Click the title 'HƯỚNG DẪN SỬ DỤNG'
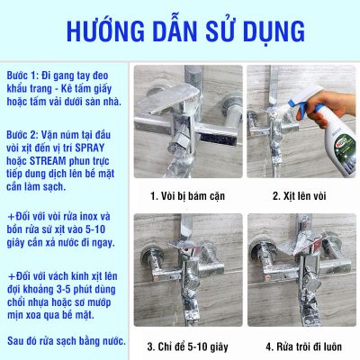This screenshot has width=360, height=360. pyautogui.click(x=185, y=31)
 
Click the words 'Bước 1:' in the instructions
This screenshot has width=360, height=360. pyautogui.click(x=22, y=76)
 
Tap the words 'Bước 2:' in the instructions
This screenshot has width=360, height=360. pyautogui.click(x=22, y=135)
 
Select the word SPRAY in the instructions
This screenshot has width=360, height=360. pyautogui.click(x=90, y=148)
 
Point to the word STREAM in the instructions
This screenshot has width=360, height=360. pyautogui.click(x=48, y=161)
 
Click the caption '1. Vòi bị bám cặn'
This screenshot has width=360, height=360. pyautogui.click(x=187, y=196)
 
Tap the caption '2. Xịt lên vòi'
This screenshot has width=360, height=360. pyautogui.click(x=299, y=196)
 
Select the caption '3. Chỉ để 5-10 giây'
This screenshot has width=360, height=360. pyautogui.click(x=187, y=346)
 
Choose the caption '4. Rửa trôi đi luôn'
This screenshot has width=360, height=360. pyautogui.click(x=303, y=346)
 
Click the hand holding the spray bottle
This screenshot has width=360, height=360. pyautogui.click(x=326, y=106)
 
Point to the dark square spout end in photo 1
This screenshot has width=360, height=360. pyautogui.click(x=217, y=138)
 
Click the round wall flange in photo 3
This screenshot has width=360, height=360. pyautogui.click(x=152, y=255)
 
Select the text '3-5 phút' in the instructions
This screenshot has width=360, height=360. pyautogui.click(x=76, y=290)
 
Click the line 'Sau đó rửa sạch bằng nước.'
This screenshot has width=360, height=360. pyautogui.click(x=67, y=341)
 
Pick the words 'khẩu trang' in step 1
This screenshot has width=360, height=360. pyautogui.click(x=29, y=88)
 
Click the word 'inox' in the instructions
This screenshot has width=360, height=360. pyautogui.click(x=90, y=216)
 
